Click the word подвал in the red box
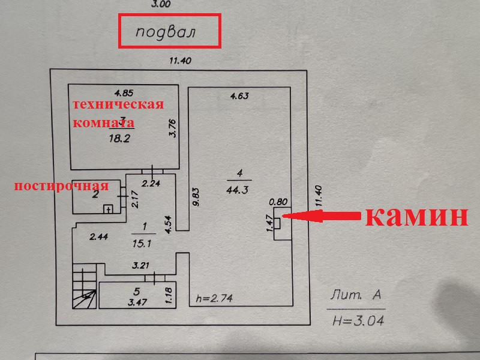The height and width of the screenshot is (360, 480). tap(166, 32)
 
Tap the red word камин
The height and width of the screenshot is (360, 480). tap(416, 216)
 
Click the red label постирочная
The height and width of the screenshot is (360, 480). tap(61, 185)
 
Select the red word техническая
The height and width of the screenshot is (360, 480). tap(118, 105)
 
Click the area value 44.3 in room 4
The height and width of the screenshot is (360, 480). tap(239, 190)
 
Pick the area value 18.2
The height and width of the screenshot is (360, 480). tap(119, 138)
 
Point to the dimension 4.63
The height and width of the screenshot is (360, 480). tap(239, 95)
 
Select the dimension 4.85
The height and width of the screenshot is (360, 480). tap(125, 92)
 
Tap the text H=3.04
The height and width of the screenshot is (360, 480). tap(358, 320)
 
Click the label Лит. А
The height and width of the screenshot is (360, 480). tap(356, 296)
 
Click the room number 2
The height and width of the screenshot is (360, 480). tap(95, 194)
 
